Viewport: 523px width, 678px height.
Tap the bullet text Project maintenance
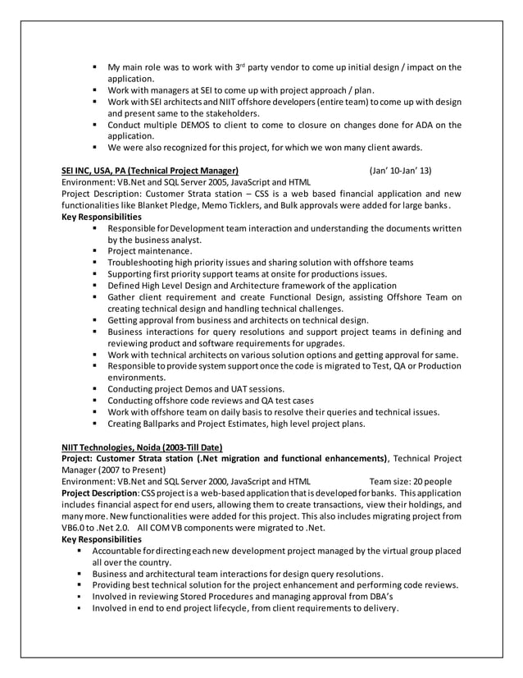point(150,250)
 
